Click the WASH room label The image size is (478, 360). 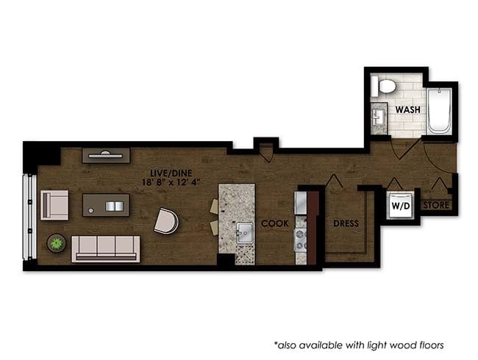[x=408, y=109]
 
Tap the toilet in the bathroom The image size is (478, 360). [x=383, y=86]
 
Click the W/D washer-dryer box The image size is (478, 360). [x=401, y=206]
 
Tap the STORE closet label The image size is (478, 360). [x=437, y=206]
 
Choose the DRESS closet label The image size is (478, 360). [x=346, y=223]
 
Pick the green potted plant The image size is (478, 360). [x=55, y=242]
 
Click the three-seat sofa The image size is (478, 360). [x=106, y=248]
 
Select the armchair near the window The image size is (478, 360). [x=54, y=204]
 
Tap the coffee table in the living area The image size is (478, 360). [x=106, y=205]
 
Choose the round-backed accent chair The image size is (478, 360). [x=166, y=220]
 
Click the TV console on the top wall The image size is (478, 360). [x=107, y=155]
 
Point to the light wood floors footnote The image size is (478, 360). [x=359, y=344]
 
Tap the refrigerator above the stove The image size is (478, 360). [x=300, y=203]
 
